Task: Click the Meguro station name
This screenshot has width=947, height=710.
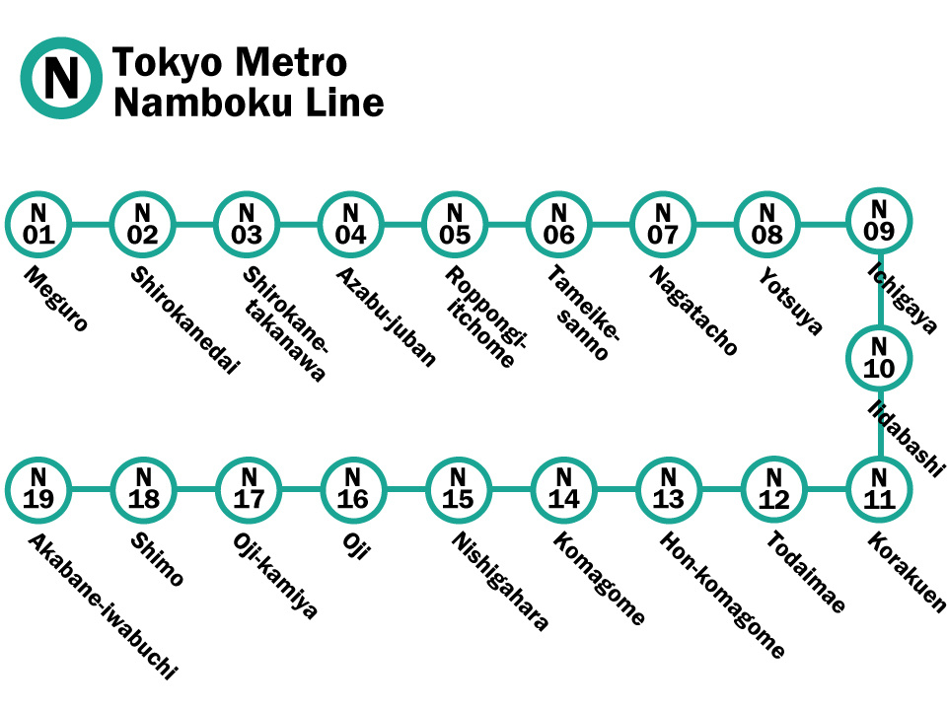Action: click(x=55, y=299)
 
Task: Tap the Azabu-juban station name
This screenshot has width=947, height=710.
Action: click(x=386, y=317)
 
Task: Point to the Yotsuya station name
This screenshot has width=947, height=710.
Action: click(x=790, y=301)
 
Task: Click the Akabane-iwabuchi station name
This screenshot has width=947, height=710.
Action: click(x=103, y=606)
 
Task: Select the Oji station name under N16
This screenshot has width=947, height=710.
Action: click(x=356, y=545)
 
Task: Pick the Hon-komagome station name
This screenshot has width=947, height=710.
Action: click(x=722, y=595)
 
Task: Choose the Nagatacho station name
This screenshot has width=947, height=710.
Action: click(x=692, y=311)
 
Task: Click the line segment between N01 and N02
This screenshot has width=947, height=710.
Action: click(x=91, y=225)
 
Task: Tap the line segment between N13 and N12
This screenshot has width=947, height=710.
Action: click(x=721, y=490)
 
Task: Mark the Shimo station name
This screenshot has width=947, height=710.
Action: click(x=157, y=559)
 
